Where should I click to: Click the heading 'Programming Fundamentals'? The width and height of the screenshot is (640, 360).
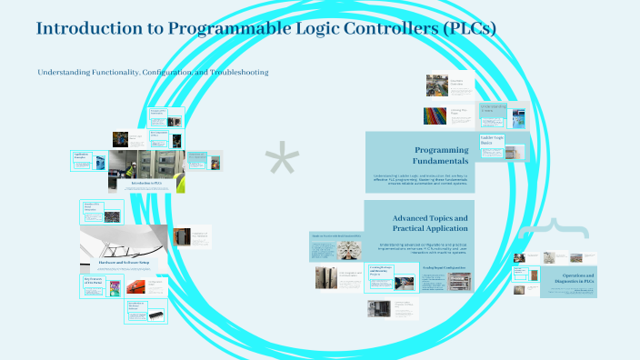[441, 155]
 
